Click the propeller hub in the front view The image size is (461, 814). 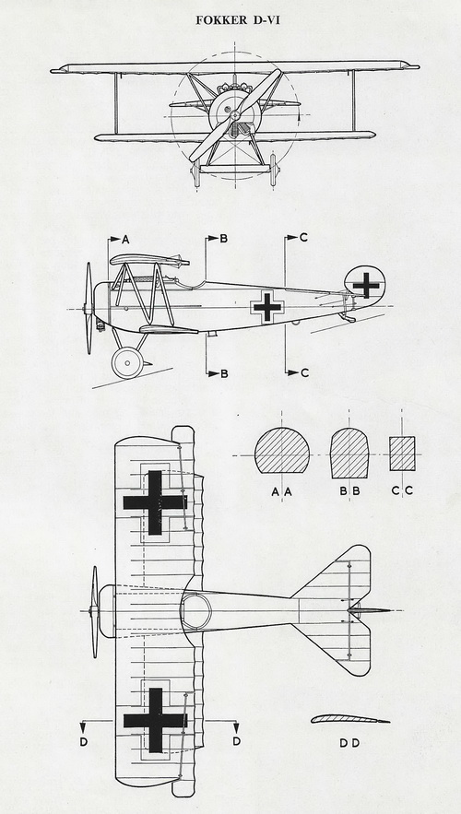click(235, 114)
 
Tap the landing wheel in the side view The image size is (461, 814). click(127, 362)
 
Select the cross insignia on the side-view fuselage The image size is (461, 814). click(266, 307)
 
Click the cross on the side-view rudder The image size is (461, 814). click(366, 285)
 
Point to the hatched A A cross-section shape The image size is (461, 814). click(282, 450)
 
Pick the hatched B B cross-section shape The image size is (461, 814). click(349, 453)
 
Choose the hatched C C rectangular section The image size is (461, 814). click(402, 454)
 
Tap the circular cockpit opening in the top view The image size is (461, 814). click(195, 610)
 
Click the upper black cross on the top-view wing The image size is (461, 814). click(155, 502)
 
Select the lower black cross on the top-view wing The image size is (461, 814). click(155, 720)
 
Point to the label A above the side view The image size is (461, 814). click(125, 240)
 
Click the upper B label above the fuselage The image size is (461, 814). click(224, 238)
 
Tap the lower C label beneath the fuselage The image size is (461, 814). click(305, 372)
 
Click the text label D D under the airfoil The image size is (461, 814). click(349, 743)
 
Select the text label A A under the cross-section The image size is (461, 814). click(282, 491)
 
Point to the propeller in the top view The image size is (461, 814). click(94, 612)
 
